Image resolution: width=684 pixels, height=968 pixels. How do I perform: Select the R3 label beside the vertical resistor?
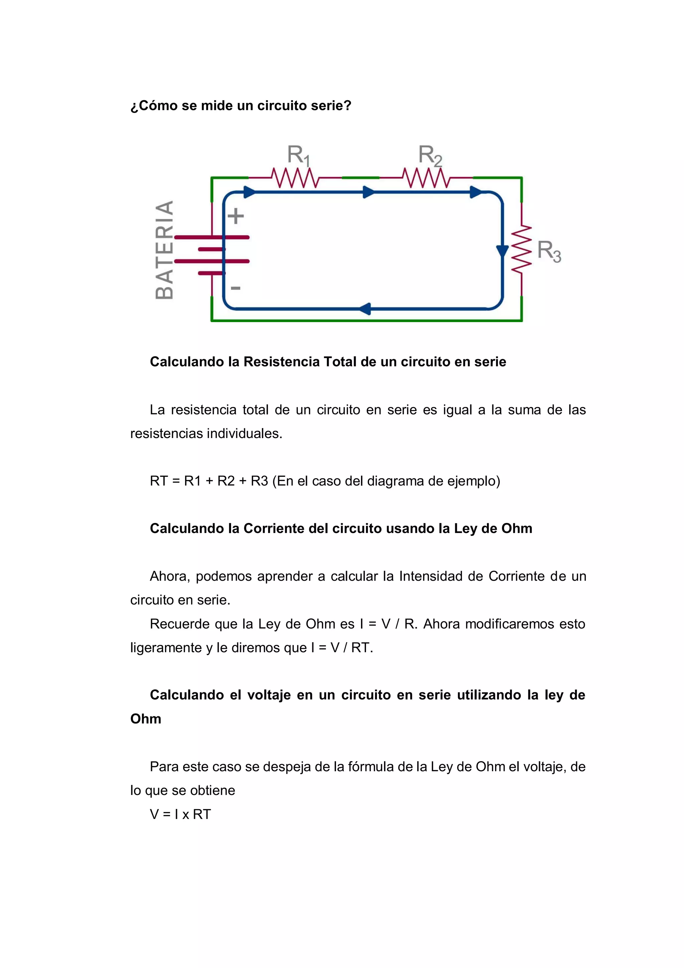[x=549, y=251]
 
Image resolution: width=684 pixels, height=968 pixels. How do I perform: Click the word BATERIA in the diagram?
[x=164, y=250]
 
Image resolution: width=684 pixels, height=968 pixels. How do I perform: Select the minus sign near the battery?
[x=235, y=288]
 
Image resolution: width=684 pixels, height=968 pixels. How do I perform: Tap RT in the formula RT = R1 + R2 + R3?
[x=158, y=481]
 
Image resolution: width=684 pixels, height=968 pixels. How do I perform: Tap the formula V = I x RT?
[x=180, y=814]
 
